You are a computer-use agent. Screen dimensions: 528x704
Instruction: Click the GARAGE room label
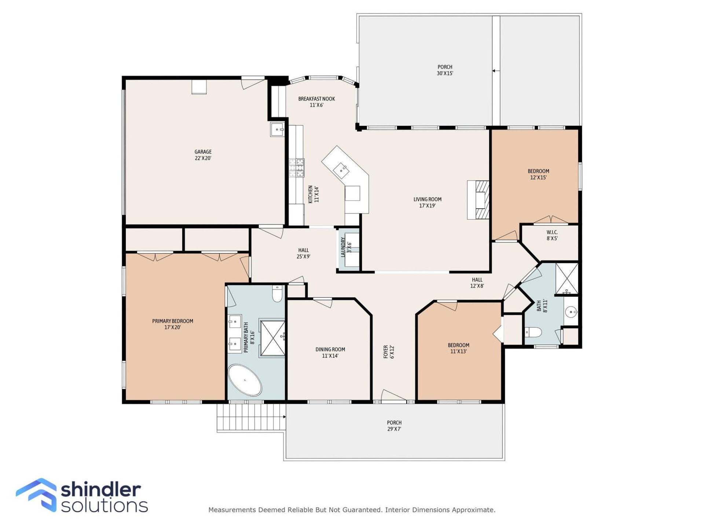coord(203,152)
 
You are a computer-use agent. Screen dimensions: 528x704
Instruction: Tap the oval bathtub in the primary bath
coord(245,380)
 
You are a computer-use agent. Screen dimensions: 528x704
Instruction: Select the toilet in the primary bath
coord(277,294)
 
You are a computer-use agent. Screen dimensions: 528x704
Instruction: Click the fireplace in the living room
coord(478,200)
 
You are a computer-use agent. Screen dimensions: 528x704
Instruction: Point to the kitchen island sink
coord(341,170)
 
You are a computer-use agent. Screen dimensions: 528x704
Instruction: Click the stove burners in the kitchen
coord(296,168)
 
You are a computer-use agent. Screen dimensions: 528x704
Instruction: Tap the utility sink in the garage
coord(277,129)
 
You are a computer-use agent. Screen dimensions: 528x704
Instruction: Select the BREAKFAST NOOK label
coord(316,99)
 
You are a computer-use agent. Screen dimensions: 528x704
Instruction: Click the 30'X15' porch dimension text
coord(445,73)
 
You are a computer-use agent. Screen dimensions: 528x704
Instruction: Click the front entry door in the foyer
coord(393,396)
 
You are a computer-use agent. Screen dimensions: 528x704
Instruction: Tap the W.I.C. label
coord(552,232)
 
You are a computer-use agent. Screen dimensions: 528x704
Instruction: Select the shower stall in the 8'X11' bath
coord(566,278)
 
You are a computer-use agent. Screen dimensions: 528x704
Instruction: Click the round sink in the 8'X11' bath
coord(571,312)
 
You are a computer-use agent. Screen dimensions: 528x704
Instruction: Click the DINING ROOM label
coord(330,349)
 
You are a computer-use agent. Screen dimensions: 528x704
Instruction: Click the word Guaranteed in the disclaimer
coord(363,510)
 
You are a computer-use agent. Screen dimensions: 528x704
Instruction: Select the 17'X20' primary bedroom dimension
coord(172,327)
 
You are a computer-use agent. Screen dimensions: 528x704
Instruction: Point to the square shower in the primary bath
coord(272,338)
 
